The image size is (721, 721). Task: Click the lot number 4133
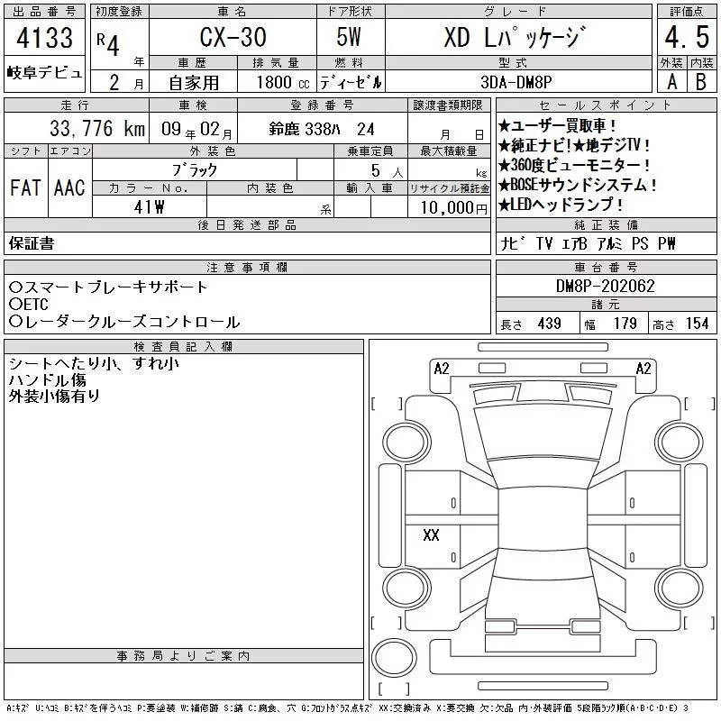[x=44, y=38]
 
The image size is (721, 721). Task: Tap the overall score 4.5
[x=687, y=37]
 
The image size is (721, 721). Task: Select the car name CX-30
[x=233, y=37]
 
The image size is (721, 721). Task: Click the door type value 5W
[x=349, y=37]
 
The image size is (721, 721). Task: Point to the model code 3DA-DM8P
[x=516, y=82]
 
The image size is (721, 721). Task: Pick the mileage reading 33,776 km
[x=97, y=128]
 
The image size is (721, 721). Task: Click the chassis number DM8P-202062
[x=605, y=286]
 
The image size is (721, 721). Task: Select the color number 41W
[x=149, y=207]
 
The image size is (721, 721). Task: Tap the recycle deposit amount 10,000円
[x=453, y=207]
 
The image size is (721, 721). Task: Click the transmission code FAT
[x=25, y=187]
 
